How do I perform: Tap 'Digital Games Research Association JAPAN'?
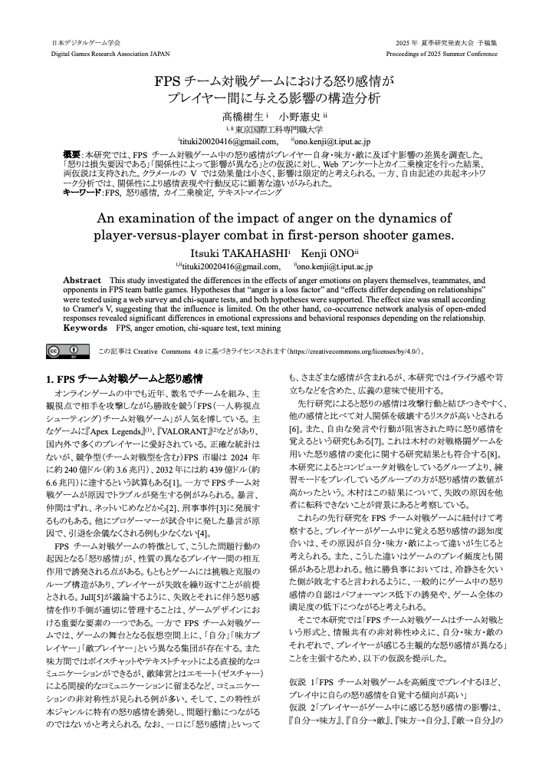[111, 54]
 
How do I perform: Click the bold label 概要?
[72, 153]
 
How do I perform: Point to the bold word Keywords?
[85, 327]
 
